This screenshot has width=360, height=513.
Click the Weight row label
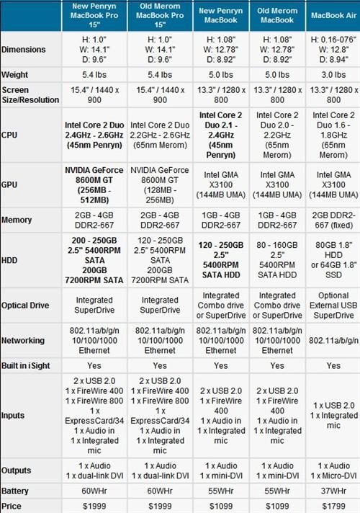pyautogui.click(x=16, y=74)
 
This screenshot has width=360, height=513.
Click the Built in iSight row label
pyautogui.click(x=30, y=365)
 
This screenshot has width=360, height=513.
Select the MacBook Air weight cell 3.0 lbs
pyautogui.click(x=333, y=74)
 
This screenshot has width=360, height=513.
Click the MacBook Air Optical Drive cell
pyautogui.click(x=333, y=305)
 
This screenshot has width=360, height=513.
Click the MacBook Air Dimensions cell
pyautogui.click(x=333, y=48)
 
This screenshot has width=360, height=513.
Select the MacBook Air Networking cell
pyautogui.click(x=333, y=340)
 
